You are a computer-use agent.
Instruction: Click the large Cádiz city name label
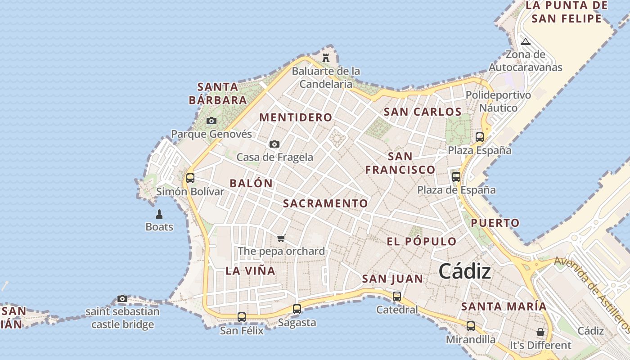pos(464,271)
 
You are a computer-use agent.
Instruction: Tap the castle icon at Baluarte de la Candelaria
pos(326,58)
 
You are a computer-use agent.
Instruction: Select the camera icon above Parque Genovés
pos(211,121)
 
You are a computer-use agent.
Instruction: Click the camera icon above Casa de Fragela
pos(274,144)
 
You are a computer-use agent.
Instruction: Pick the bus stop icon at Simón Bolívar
pos(190,178)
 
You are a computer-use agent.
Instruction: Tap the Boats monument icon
pos(159,214)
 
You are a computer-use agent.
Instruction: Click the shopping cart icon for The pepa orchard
pos(281,238)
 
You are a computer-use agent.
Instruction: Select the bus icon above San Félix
pos(242,317)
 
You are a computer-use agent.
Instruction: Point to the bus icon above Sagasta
pos(297,309)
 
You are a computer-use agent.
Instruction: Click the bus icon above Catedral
pos(397,297)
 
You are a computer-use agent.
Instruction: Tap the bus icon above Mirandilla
pos(471,326)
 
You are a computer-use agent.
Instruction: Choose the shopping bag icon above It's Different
pos(540,332)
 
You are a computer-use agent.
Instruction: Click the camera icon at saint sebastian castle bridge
pos(122,298)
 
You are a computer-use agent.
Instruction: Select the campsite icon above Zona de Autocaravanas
pos(525,42)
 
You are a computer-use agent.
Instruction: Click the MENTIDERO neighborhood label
pos(296,117)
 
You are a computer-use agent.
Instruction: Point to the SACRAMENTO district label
pos(325,203)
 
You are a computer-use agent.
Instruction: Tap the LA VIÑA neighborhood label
pos(250,271)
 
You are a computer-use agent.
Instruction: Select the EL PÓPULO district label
pos(422,242)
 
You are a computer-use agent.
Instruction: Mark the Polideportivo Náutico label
pos(498,102)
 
